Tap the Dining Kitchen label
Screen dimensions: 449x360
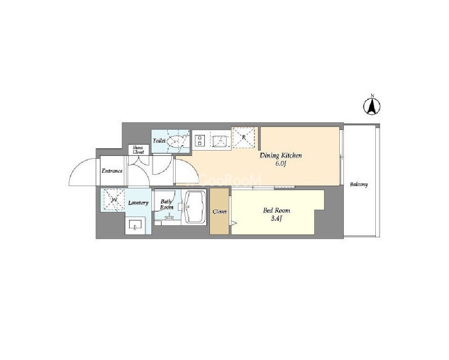280,156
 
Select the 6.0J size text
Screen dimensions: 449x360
280,164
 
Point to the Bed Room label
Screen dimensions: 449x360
276,210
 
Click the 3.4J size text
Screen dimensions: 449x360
276,219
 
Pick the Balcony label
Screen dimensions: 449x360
359,184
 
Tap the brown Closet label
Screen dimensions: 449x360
220,212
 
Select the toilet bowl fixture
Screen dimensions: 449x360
176,141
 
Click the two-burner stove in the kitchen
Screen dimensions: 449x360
199,140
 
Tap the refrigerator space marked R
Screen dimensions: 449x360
244,138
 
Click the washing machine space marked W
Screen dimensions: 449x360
114,200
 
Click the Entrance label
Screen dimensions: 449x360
112,171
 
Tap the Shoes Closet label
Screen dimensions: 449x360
138,150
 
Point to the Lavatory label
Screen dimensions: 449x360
138,203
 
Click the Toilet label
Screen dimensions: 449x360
159,141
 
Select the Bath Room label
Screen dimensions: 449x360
166,204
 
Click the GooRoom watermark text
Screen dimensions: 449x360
225,181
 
